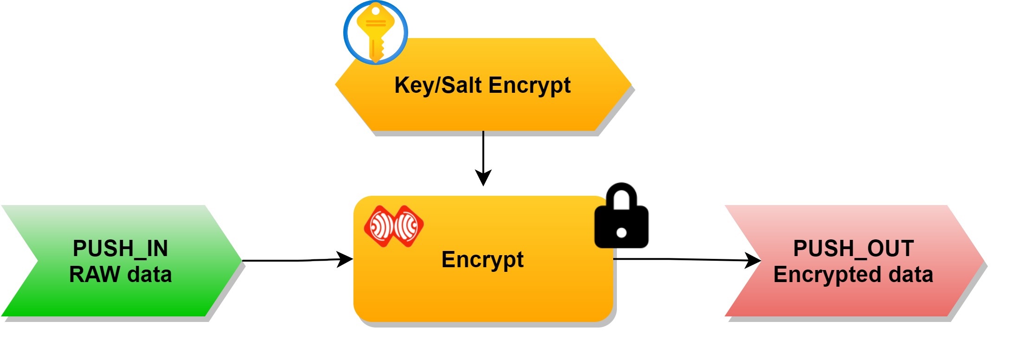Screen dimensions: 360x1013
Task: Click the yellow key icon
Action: tap(376, 32)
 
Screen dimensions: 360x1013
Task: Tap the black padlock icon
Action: tap(621, 218)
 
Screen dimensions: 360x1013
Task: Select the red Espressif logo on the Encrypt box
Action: tap(394, 226)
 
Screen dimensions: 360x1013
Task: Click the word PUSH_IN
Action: tap(120, 249)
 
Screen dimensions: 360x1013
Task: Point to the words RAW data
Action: tap(120, 275)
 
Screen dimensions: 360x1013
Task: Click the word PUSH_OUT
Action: tap(853, 249)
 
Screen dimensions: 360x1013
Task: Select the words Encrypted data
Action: tap(853, 275)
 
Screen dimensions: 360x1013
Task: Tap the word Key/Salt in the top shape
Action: tap(438, 85)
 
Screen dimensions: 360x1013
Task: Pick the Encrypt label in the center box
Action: tap(482, 259)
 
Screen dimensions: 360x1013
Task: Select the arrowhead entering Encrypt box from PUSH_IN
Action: tap(345, 259)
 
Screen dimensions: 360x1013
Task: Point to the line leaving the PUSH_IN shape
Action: tap(288, 261)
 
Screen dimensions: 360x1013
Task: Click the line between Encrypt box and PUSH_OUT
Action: tap(677, 259)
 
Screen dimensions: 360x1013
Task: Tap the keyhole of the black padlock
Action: tap(622, 232)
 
